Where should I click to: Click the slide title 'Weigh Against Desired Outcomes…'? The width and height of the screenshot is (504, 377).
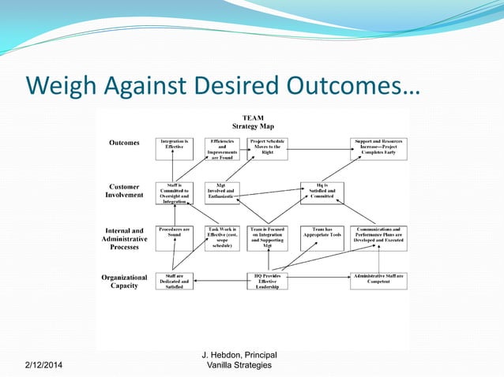[x=221, y=84]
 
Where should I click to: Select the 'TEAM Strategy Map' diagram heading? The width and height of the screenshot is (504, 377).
[x=252, y=121]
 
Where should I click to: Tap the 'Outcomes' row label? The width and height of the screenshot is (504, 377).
[x=124, y=143]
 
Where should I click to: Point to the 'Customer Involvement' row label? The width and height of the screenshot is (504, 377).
[x=124, y=191]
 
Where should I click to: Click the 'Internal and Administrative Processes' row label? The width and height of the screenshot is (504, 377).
[x=124, y=239]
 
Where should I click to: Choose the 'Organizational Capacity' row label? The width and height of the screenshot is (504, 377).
[x=124, y=282]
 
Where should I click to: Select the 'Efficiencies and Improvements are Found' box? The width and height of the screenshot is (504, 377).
[x=222, y=148]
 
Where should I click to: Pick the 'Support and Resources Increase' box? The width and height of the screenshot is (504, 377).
[x=379, y=148]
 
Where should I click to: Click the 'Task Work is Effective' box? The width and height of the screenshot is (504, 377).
[x=222, y=238]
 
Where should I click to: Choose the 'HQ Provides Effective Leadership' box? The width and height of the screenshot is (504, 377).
[x=266, y=282]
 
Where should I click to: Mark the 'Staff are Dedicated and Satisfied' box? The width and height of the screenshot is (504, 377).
[x=174, y=282]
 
